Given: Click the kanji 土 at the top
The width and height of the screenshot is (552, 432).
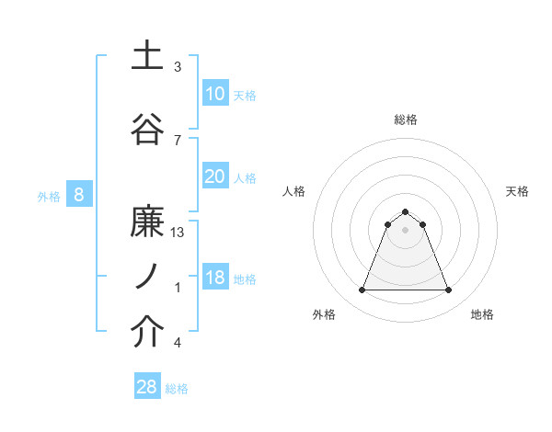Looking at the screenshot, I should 147,56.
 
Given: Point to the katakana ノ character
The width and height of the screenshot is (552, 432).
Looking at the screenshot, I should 147,275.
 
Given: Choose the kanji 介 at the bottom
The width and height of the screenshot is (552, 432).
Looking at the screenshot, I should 147,333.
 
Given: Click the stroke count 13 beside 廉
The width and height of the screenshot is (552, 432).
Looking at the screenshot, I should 178,233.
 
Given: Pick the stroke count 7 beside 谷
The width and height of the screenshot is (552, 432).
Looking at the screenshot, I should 178,140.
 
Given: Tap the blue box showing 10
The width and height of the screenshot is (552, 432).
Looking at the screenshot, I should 214,94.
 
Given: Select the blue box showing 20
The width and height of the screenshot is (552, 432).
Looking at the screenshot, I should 214,176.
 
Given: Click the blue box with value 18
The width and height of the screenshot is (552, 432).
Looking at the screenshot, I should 214,278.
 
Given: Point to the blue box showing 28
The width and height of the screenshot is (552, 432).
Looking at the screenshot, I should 147,387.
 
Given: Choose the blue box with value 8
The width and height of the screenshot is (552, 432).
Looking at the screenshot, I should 79,195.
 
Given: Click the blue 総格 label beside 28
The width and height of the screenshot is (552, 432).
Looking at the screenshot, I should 177,389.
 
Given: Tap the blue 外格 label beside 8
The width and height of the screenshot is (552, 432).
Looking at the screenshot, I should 48,196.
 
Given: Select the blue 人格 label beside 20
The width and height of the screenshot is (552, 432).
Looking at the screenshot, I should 245,178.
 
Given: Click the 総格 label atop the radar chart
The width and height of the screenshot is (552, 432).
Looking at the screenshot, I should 405,119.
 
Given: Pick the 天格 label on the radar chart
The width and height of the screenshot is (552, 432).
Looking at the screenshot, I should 517,191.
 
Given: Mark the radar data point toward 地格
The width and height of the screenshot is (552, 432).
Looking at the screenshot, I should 448,290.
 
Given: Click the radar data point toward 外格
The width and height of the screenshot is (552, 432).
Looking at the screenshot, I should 362,290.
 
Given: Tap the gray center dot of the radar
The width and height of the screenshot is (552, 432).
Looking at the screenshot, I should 405,230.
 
